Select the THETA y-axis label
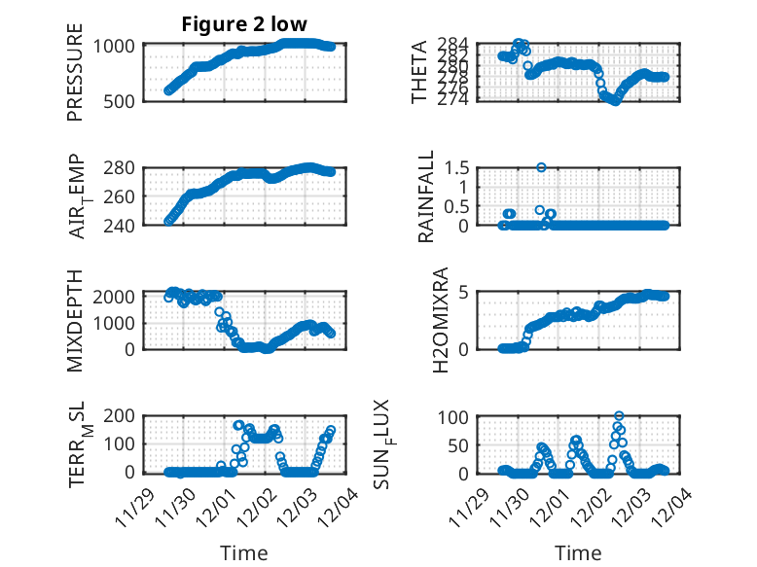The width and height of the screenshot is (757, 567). tap(419, 72)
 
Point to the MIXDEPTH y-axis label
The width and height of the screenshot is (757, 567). tap(75, 320)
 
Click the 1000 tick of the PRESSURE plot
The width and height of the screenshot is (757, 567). tap(120, 46)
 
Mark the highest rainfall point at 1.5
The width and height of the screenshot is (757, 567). tap(541, 167)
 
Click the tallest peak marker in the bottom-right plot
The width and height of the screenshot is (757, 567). tap(619, 416)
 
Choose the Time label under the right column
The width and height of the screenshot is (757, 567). tap(578, 552)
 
